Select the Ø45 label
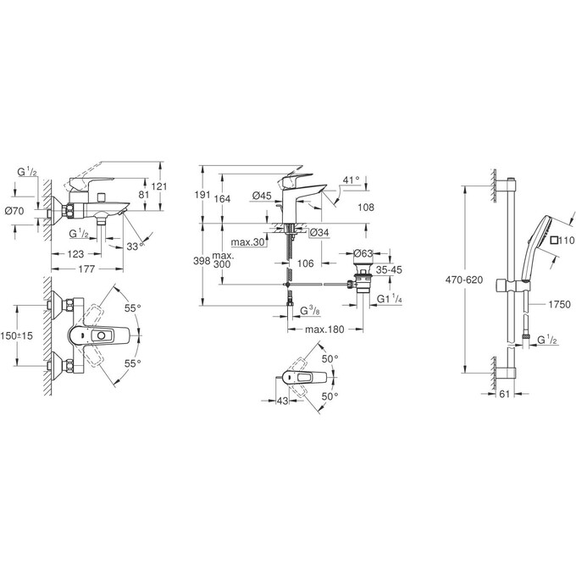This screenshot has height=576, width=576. (x=261, y=197)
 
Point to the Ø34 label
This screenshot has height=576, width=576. (x=318, y=233)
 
